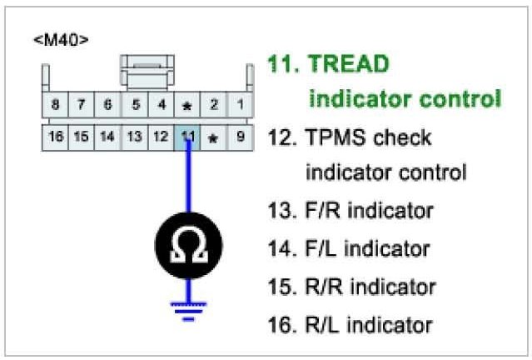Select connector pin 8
(55, 105)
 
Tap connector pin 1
(240, 105)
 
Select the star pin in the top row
(187, 106)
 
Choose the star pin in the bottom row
(213, 137)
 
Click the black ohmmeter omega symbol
(188, 246)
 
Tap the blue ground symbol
(188, 309)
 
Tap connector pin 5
(135, 105)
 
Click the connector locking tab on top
(147, 71)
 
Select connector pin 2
(214, 105)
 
